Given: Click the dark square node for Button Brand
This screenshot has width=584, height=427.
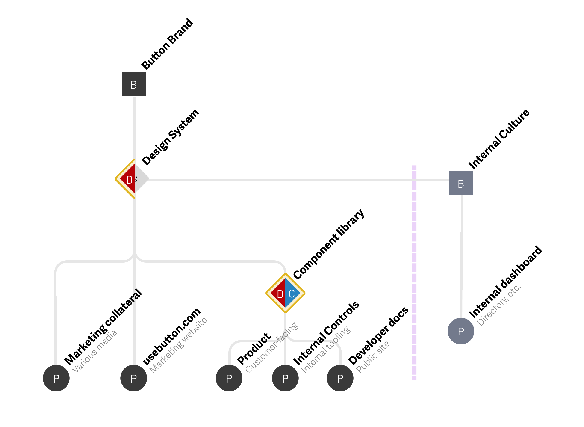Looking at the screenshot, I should tap(133, 84).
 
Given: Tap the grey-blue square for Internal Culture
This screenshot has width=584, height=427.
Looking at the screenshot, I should tap(460, 183).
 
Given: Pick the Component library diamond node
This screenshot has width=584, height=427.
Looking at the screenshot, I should tap(285, 293).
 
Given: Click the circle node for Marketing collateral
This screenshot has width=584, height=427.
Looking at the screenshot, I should tap(56, 378).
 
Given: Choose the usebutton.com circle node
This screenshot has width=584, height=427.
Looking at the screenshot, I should tap(133, 378).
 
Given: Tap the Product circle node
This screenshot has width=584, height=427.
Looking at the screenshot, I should tap(229, 378).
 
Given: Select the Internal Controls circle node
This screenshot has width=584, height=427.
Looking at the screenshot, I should tap(285, 378).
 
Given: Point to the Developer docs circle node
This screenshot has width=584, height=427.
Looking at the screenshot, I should tap(340, 378).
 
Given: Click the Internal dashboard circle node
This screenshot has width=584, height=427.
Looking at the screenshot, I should tap(460, 331).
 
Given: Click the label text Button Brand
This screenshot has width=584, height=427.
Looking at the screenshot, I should tap(167, 44).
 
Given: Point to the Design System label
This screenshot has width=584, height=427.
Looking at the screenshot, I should tap(171, 137).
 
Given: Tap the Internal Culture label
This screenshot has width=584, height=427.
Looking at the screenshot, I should tap(498, 139).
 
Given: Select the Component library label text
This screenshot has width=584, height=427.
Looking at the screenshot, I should tap(329, 244).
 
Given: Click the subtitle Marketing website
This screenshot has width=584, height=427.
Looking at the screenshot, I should tap(178, 345).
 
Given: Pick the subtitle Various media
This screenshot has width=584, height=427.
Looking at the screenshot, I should tap(94, 351).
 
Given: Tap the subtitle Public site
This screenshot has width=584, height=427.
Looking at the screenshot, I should tap(372, 357).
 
